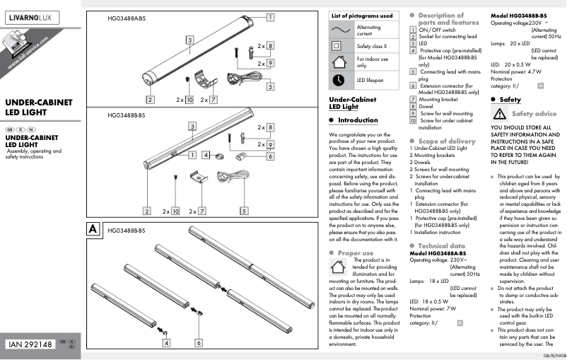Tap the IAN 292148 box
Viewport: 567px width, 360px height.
coord(31,344)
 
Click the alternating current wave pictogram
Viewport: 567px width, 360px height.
coord(342,30)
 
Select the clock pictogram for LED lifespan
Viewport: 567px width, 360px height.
coord(342,80)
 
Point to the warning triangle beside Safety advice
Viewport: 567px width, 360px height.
coord(498,114)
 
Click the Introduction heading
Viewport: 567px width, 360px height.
coord(358,120)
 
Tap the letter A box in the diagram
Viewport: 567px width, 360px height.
coord(92,229)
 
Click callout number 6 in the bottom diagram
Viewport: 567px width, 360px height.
coord(199,342)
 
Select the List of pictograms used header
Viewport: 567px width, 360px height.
coord(363,16)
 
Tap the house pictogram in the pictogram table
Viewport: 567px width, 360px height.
coord(342,62)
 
